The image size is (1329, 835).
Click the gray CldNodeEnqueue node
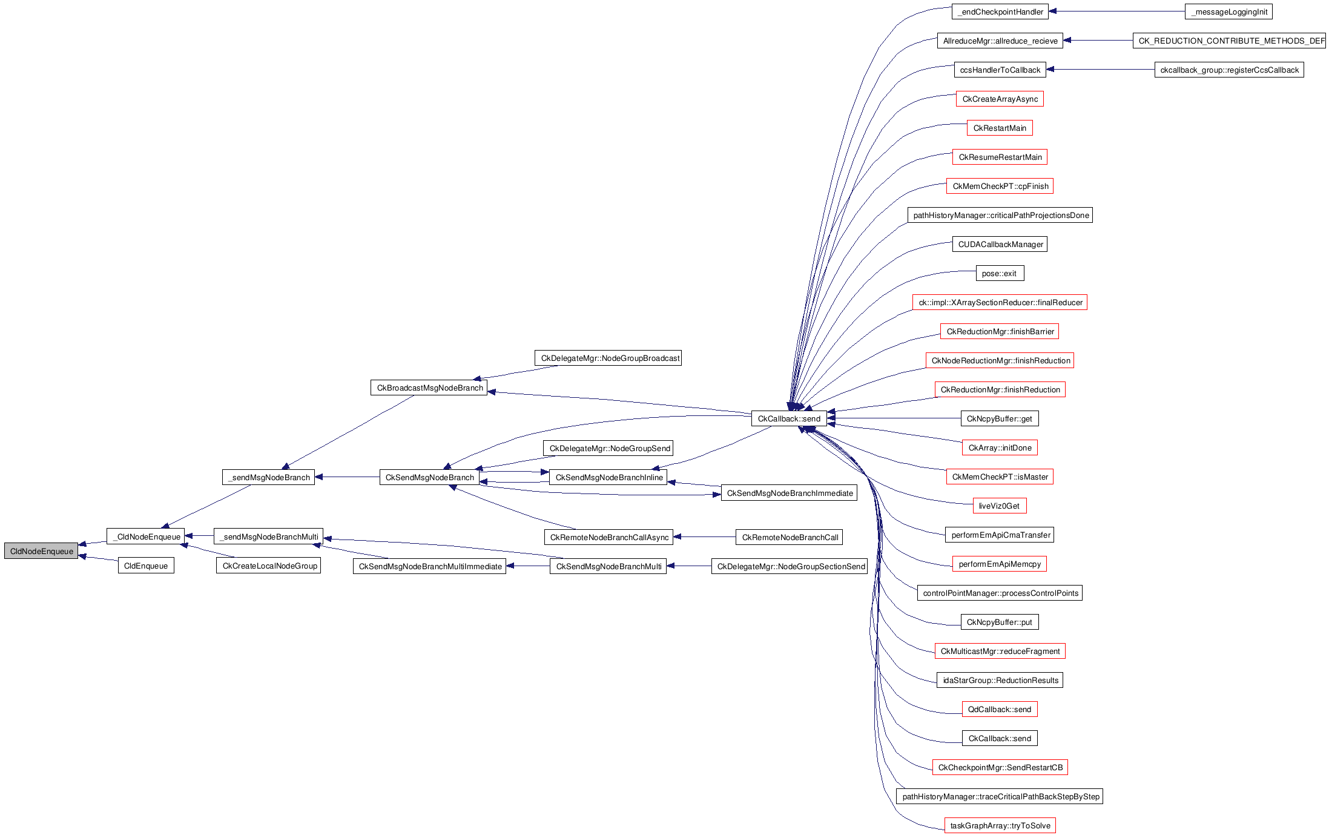point(41,551)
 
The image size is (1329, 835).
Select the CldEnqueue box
point(146,566)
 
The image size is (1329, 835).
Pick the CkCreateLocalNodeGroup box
point(269,566)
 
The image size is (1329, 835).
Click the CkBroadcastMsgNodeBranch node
point(429,388)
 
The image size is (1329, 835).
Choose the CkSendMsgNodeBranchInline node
point(608,478)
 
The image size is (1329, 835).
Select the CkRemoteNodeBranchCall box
point(790,538)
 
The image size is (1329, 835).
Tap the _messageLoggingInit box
point(1228,12)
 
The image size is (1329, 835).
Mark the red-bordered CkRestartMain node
point(1000,128)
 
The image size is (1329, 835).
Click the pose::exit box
point(1000,274)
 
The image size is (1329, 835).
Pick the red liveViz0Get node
point(999,506)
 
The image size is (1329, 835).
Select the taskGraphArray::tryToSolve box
point(1000,826)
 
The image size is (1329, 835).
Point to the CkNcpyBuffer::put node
point(999,622)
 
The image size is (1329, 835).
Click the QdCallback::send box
point(999,710)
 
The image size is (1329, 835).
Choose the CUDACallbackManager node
point(1000,245)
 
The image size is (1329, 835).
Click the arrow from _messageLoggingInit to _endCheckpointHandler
point(1116,12)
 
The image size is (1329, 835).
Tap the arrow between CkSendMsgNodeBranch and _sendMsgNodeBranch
point(348,477)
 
